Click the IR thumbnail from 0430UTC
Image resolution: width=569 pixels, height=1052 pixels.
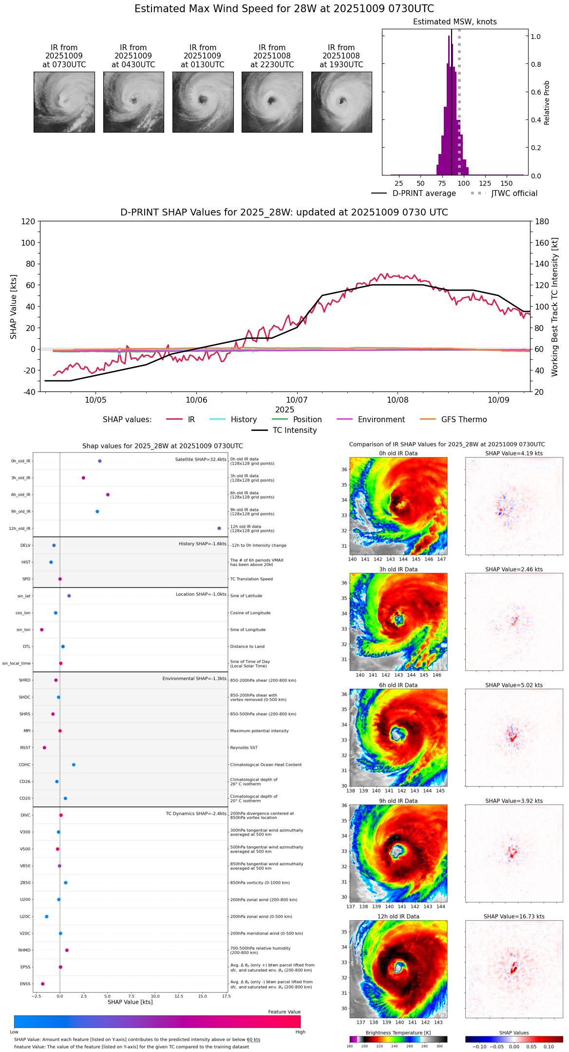tap(133, 102)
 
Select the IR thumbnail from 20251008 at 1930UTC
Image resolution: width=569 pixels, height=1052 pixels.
tap(341, 102)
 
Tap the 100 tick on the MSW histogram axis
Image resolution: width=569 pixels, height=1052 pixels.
tap(464, 183)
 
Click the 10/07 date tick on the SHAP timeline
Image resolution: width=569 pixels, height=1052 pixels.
tap(297, 400)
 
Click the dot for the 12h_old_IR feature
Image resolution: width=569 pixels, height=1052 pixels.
tap(219, 528)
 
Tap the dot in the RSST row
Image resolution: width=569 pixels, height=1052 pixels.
tap(44, 748)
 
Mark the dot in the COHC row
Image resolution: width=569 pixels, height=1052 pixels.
tap(74, 765)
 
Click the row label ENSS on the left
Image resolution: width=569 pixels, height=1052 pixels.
tap(25, 984)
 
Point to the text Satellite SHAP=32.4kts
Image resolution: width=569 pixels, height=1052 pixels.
tap(201, 460)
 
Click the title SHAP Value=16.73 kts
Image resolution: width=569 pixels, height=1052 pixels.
tap(513, 917)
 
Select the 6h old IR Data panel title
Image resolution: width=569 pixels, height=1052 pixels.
tap(398, 685)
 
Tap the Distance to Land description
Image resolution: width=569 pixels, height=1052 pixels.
tap(247, 647)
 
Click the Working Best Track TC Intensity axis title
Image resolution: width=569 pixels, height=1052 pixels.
tap(555, 307)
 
